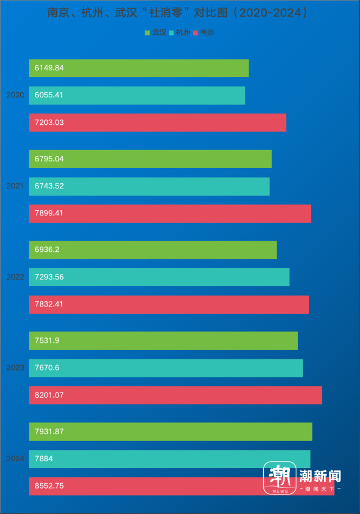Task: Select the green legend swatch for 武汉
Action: pyautogui.click(x=148, y=33)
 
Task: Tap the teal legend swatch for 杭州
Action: pyautogui.click(x=172, y=33)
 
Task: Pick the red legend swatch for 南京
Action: pyautogui.click(x=196, y=33)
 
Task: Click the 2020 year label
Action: pyautogui.click(x=15, y=95)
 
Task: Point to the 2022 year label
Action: pyautogui.click(x=15, y=277)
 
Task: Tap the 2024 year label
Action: pyautogui.click(x=15, y=458)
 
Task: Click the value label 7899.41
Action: pyautogui.click(x=49, y=214)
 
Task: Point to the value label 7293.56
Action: pyautogui.click(x=49, y=277)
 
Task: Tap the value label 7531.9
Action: pyautogui.click(x=47, y=341)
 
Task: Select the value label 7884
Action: pyautogui.click(x=43, y=459)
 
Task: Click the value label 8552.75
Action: pyautogui.click(x=49, y=486)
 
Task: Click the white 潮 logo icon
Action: pyautogui.click(x=280, y=478)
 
